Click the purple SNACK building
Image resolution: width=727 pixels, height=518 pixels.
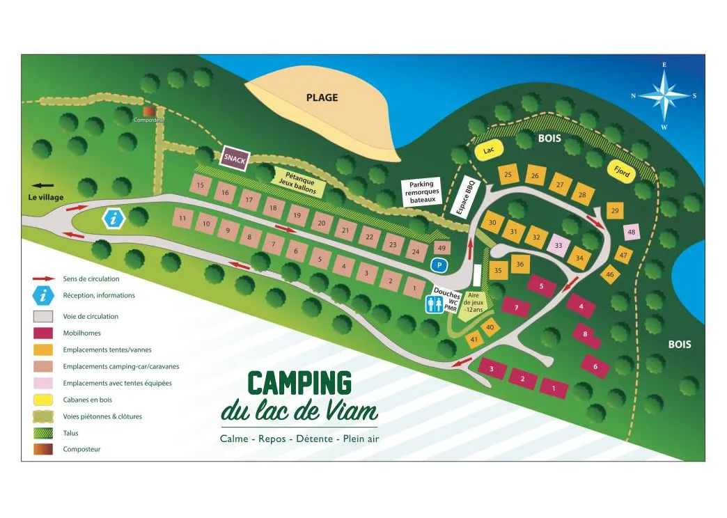click(x=235, y=159)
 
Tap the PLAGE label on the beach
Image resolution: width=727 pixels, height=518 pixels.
click(x=322, y=97)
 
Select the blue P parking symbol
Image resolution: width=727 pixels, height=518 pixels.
click(x=438, y=265)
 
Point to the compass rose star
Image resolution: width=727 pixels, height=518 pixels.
click(x=664, y=96)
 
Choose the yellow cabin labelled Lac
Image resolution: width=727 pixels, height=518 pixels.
click(x=488, y=150)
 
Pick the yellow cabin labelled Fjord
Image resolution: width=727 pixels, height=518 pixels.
click(x=621, y=171)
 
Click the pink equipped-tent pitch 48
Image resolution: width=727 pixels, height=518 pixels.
click(x=632, y=233)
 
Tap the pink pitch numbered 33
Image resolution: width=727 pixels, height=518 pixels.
click(x=558, y=245)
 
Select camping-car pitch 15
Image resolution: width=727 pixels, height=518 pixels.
click(x=201, y=185)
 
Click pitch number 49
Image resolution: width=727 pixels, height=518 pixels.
click(x=441, y=247)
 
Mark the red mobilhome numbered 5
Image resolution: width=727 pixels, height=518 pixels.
click(x=541, y=285)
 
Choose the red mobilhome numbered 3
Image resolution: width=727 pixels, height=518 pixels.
click(x=492, y=368)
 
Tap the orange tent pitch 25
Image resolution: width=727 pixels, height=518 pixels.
click(x=508, y=175)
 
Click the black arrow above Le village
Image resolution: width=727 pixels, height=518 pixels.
click(x=43, y=186)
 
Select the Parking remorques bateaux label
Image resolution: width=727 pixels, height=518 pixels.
click(x=422, y=192)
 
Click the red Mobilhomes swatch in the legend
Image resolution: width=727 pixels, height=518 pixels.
click(x=43, y=333)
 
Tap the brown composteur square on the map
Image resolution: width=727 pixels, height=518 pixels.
click(x=148, y=111)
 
